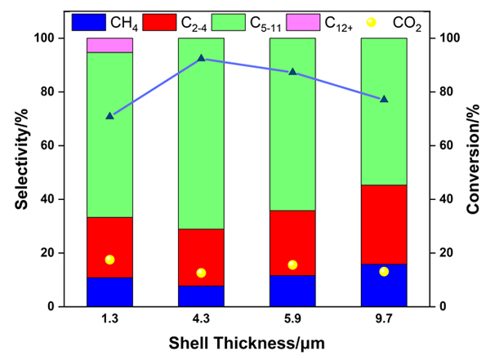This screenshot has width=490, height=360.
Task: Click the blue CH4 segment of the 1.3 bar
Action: (x=110, y=291)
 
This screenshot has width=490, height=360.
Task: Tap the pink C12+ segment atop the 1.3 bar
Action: (x=110, y=45)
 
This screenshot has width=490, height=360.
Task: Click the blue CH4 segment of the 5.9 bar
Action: (x=292, y=291)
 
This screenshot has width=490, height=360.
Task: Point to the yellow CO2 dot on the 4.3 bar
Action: (x=202, y=273)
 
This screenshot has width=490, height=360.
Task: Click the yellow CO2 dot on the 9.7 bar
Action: (x=384, y=271)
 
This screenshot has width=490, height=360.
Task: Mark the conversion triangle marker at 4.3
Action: (x=202, y=59)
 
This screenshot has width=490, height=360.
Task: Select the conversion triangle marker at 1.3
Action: (x=110, y=116)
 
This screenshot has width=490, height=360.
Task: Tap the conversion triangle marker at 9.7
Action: (x=384, y=99)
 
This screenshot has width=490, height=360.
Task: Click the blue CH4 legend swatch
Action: (x=92, y=21)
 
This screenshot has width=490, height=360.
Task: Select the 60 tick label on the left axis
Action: (x=52, y=145)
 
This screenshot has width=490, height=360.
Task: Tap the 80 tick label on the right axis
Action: (x=447, y=92)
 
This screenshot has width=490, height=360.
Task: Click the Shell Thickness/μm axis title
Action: (x=247, y=344)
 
